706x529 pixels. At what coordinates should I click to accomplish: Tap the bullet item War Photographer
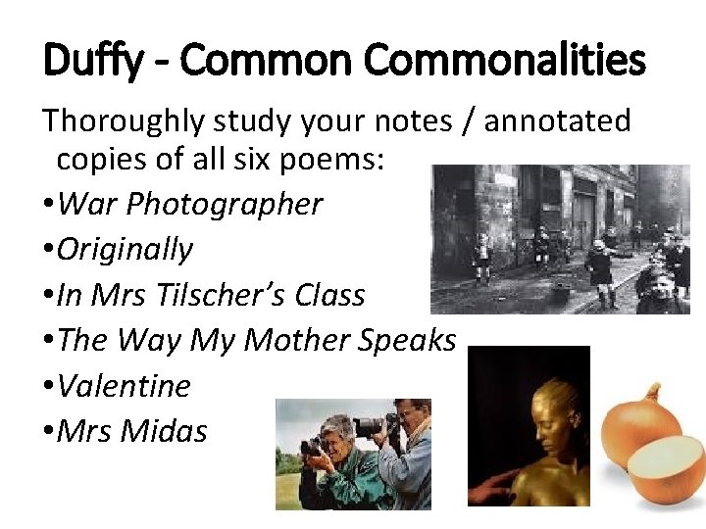tap(189, 204)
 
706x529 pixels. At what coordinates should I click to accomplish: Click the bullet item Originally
tap(125, 249)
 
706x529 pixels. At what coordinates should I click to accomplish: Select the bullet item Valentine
tap(124, 385)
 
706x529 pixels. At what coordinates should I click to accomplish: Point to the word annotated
tap(557, 121)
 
